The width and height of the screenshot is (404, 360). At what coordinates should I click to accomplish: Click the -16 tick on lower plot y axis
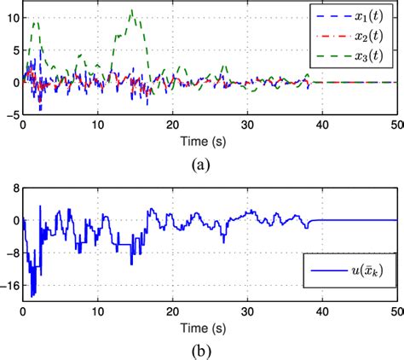9,289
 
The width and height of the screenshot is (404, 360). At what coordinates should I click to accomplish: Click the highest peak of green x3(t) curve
131,10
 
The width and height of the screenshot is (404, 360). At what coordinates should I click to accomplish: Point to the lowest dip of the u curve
32,296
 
